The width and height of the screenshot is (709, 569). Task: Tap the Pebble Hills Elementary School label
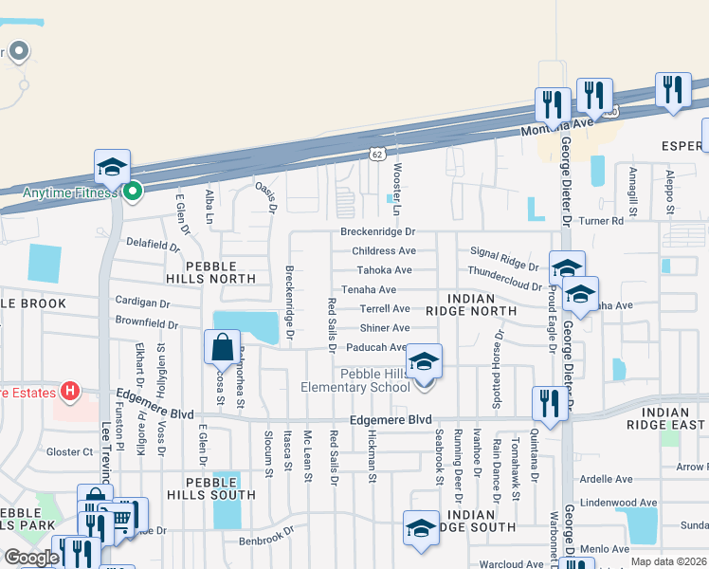tap(354, 380)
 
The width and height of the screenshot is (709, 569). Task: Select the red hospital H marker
tap(68, 391)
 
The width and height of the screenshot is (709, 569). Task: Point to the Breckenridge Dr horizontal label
tap(377, 231)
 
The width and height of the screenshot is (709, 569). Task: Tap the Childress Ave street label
tap(383, 251)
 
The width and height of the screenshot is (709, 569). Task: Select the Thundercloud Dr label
tap(504, 285)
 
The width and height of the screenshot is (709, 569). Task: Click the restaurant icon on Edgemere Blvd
tap(549, 401)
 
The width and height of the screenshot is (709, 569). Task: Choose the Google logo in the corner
tap(30, 558)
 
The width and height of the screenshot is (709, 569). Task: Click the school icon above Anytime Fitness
tap(112, 167)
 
